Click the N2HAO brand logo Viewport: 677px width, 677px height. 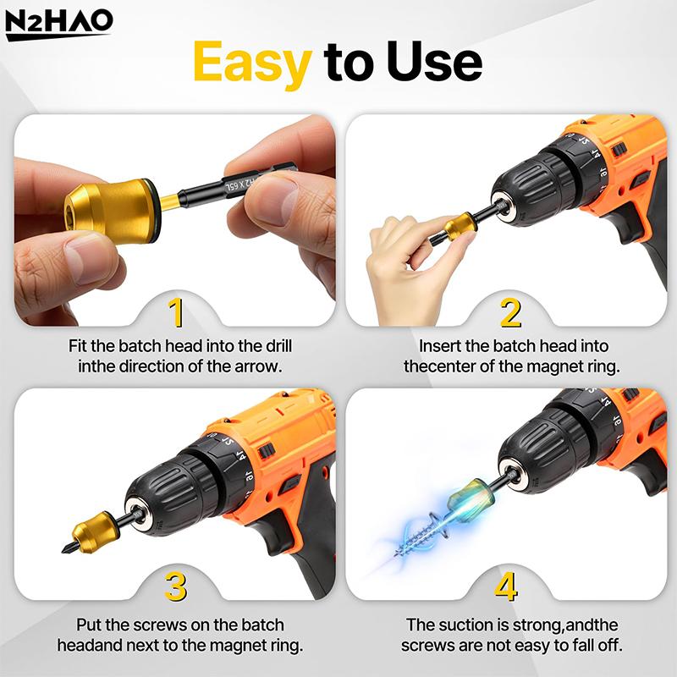click(x=58, y=25)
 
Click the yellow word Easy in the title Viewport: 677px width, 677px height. click(x=251, y=62)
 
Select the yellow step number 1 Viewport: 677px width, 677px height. click(x=176, y=312)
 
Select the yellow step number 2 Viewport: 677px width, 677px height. click(x=510, y=312)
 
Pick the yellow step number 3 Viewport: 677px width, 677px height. click(x=176, y=586)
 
